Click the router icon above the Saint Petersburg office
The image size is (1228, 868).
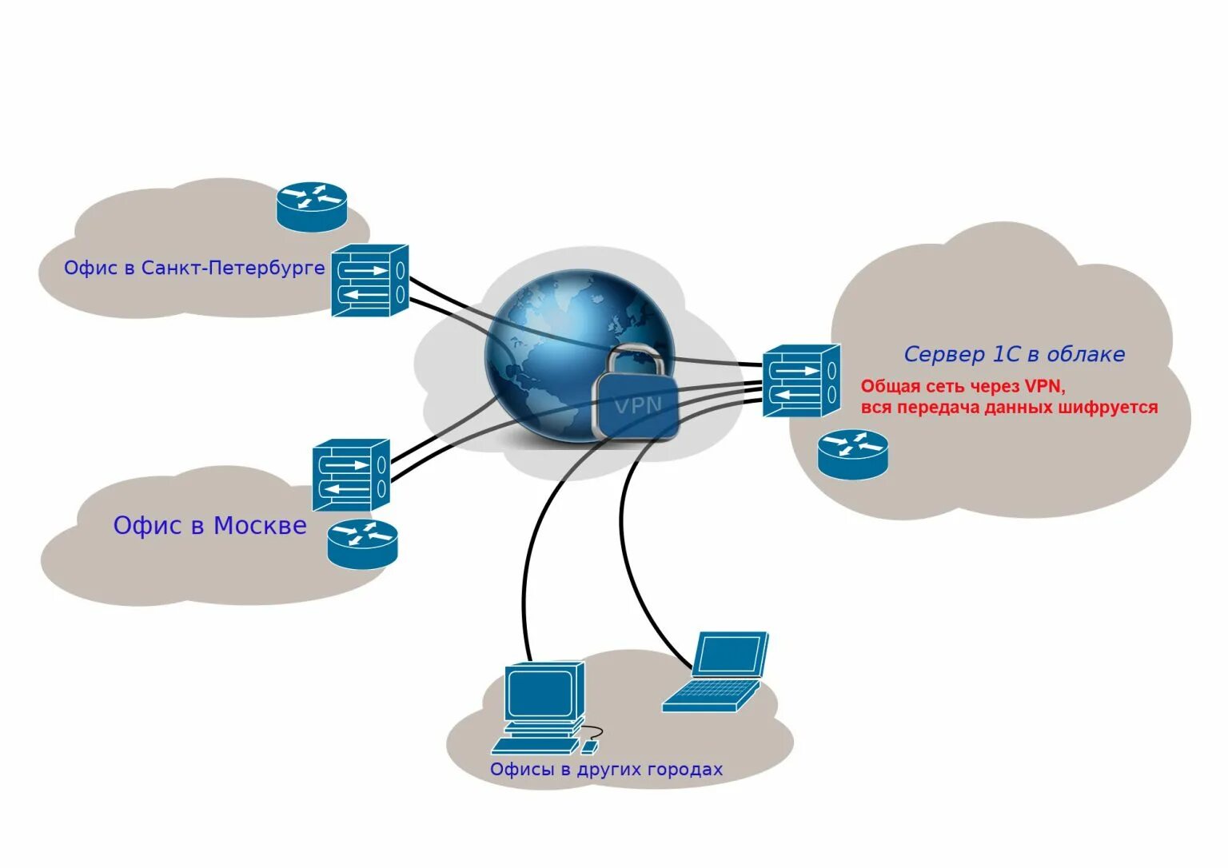[x=312, y=206]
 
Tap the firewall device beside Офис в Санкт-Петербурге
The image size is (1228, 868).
[x=369, y=281]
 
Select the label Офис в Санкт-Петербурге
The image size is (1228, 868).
[x=194, y=268]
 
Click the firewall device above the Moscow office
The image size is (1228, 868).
[x=350, y=475]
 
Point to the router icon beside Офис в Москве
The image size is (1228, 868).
[x=362, y=543]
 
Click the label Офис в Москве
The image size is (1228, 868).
[x=209, y=525]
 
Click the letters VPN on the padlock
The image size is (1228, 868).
[x=637, y=406]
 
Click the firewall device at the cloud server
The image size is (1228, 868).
[x=800, y=380]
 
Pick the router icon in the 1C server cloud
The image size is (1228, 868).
[x=852, y=454]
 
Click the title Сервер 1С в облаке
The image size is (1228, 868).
[x=1014, y=354]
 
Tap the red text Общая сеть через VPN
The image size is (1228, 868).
[x=963, y=387]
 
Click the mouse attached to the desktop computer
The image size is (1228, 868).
[x=589, y=747]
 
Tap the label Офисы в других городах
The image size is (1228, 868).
[x=606, y=769]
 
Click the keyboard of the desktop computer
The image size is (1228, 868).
[x=534, y=747]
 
